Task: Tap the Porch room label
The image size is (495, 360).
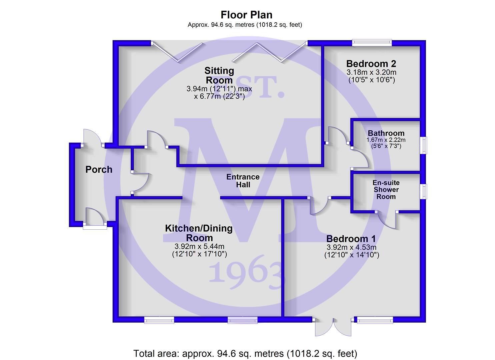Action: [99, 170]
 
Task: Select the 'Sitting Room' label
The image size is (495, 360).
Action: [219, 75]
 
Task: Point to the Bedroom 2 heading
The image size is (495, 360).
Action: [371, 64]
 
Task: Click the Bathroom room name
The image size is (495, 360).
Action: [386, 133]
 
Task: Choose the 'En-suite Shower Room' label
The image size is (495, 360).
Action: [386, 190]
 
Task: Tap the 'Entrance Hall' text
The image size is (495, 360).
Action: [243, 181]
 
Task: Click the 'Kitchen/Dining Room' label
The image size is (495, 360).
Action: [199, 233]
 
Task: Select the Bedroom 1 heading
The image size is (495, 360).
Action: [351, 239]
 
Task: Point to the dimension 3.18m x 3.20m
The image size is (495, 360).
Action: [371, 72]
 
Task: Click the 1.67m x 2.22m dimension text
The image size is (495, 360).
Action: [386, 140]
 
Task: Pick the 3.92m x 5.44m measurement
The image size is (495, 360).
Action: [199, 246]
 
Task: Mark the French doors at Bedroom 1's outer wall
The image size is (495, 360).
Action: [333, 327]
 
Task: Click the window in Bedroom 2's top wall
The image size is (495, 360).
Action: [372, 43]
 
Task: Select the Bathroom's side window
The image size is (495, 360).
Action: [424, 145]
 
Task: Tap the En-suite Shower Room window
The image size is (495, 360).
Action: [424, 191]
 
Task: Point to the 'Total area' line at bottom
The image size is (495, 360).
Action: [245, 353]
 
